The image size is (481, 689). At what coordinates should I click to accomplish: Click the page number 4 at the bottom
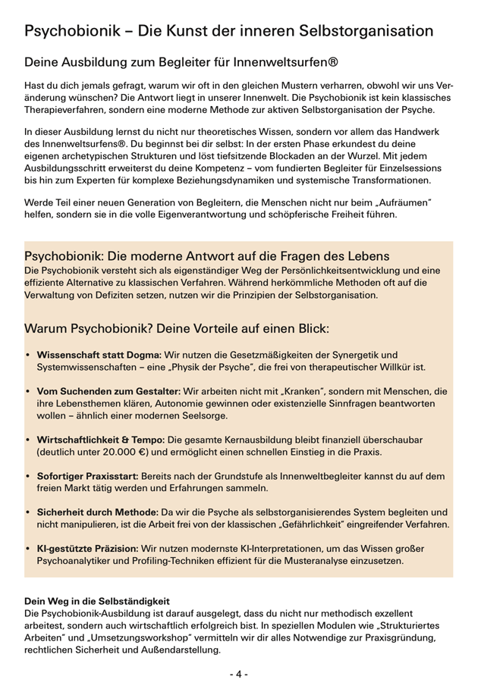(240, 673)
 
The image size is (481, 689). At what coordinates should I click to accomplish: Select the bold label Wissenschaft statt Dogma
(99, 354)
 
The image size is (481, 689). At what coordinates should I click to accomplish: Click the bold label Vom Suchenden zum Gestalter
(105, 391)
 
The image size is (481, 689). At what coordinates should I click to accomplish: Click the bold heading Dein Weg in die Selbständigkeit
(97, 600)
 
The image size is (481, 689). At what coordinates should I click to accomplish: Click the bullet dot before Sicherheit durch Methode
(28, 512)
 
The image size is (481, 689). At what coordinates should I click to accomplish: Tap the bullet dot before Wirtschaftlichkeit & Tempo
(28, 440)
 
